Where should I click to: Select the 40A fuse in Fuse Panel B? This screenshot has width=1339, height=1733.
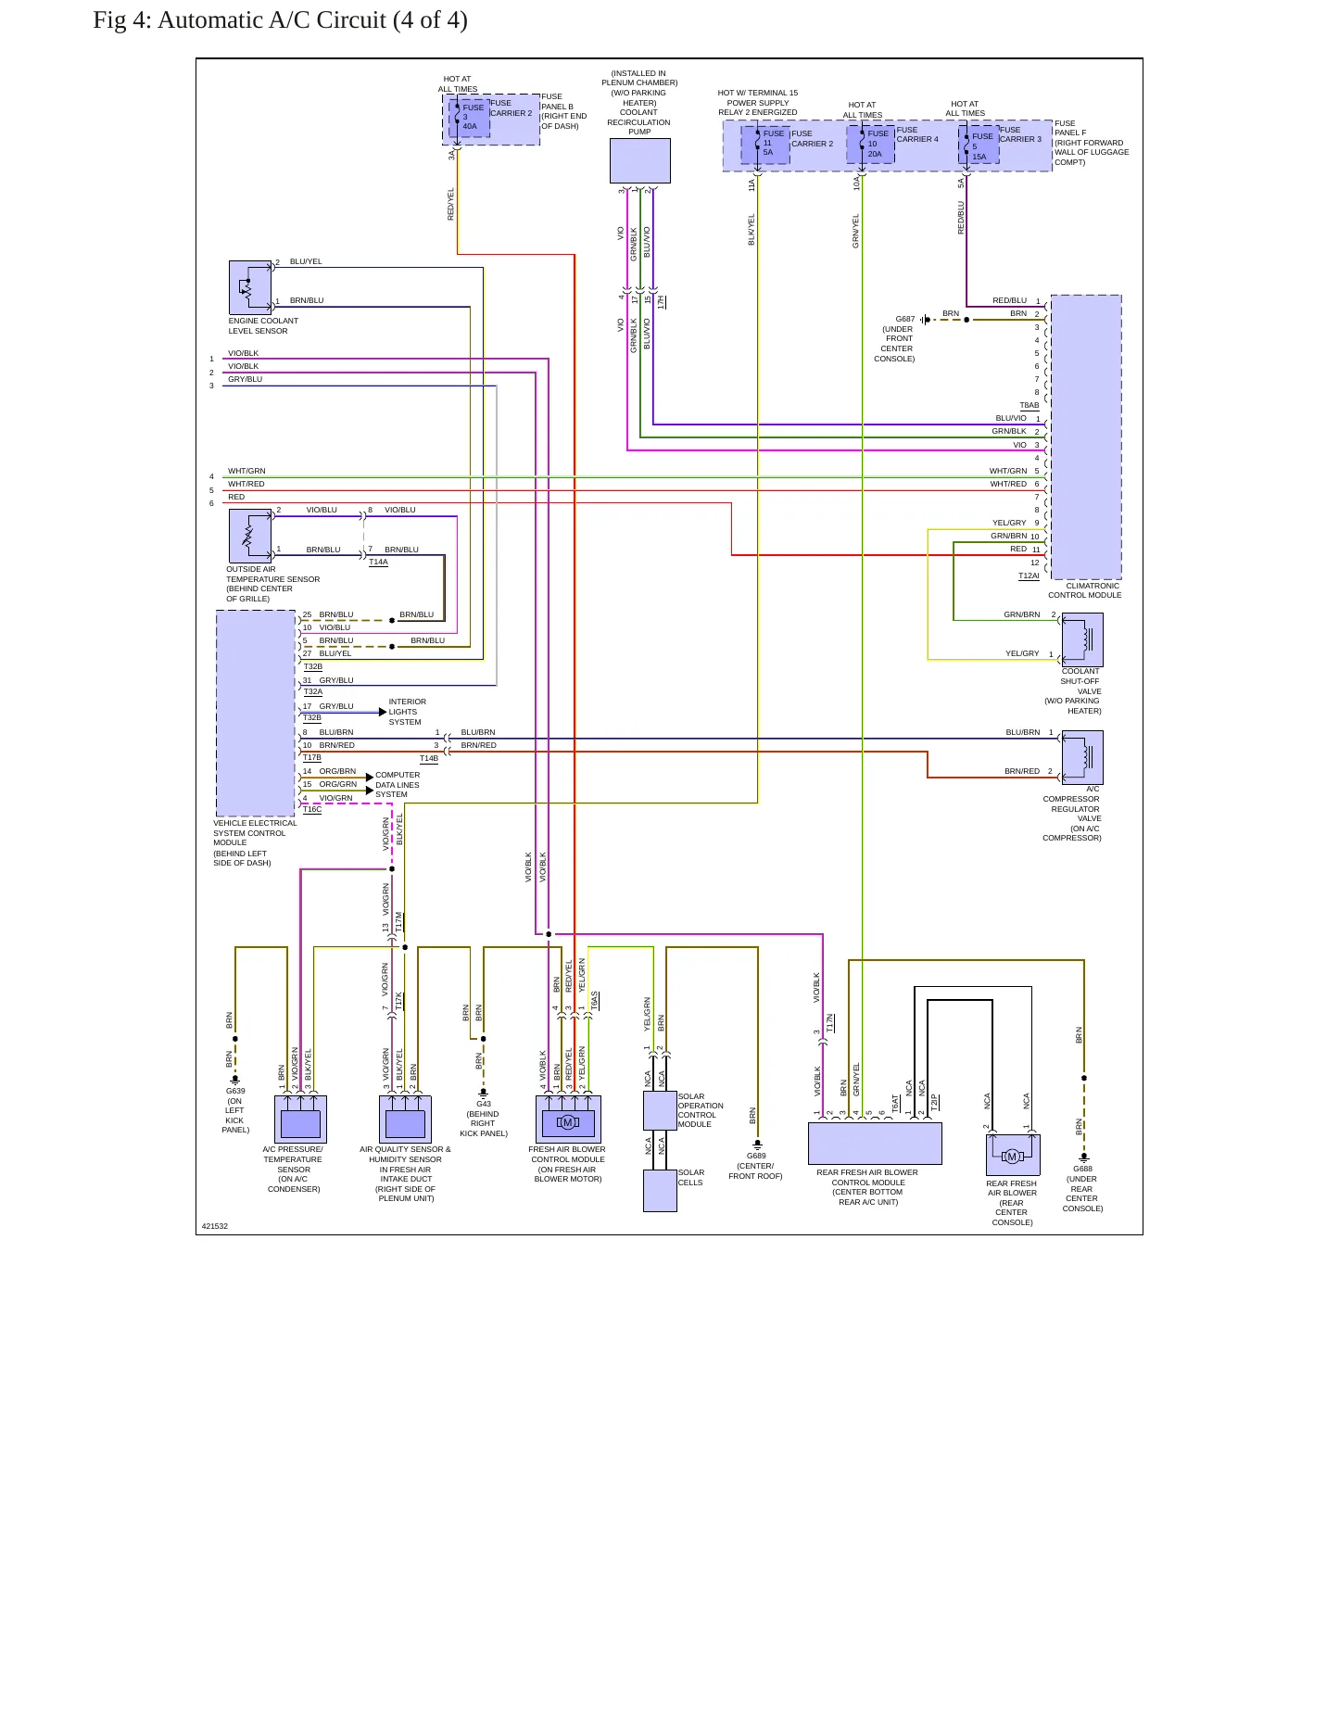point(469,118)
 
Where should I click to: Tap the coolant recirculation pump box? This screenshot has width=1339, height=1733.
point(639,161)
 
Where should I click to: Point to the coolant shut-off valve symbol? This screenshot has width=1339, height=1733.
point(1082,639)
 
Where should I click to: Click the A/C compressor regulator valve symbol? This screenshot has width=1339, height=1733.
point(1082,757)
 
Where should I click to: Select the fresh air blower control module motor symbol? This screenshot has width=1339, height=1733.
point(568,1122)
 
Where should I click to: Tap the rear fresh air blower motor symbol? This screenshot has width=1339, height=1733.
point(1012,1156)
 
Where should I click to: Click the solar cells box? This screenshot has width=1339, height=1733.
point(660,1190)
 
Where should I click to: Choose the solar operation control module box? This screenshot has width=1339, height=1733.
point(660,1110)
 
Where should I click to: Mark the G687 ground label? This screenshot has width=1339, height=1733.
point(905,319)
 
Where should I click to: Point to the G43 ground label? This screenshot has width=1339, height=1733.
point(484,1104)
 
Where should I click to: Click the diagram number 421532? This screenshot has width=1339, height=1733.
point(215,1226)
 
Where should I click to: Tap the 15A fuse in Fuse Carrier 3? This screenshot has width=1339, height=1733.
point(979,145)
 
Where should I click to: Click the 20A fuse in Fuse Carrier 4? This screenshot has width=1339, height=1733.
point(871,144)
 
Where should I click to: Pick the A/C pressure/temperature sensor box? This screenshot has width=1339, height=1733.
point(300,1119)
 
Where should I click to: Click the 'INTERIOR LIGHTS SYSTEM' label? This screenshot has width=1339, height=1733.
point(408,712)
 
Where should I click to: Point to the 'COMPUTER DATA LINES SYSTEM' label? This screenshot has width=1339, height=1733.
point(398,785)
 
